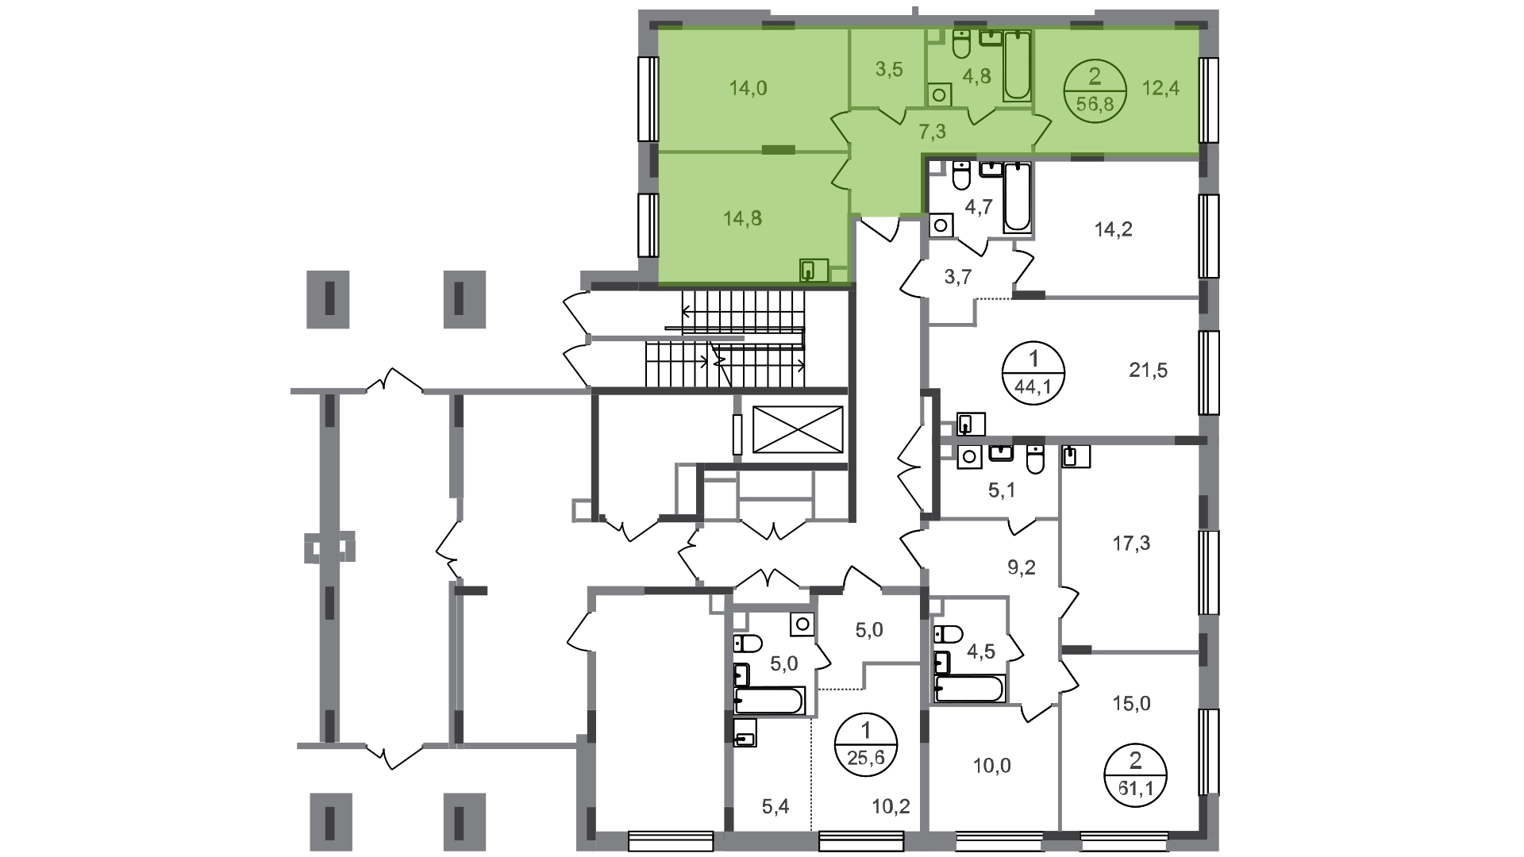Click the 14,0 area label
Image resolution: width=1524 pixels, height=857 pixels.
click(749, 88)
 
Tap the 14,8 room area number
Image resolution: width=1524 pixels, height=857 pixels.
click(743, 218)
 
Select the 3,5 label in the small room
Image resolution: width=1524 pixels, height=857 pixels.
click(889, 70)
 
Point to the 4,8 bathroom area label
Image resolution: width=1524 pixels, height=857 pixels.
click(976, 76)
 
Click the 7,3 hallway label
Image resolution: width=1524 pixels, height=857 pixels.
click(932, 132)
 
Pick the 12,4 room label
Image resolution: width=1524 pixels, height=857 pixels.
click(1160, 88)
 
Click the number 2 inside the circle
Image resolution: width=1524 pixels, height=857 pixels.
click(1095, 77)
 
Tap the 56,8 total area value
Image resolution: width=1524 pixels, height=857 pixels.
click(1095, 104)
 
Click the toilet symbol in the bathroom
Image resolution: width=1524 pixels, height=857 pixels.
click(960, 44)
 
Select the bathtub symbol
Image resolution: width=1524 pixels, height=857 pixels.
click(1017, 66)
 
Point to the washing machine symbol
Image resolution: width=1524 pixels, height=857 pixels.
click(940, 94)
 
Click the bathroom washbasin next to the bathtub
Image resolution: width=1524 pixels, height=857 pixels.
click(989, 37)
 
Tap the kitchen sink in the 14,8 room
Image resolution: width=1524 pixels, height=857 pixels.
click(814, 271)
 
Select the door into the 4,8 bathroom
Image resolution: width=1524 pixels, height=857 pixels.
click(981, 118)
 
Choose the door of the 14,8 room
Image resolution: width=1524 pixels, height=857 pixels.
click(841, 175)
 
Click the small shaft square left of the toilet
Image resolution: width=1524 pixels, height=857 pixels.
click(934, 37)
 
